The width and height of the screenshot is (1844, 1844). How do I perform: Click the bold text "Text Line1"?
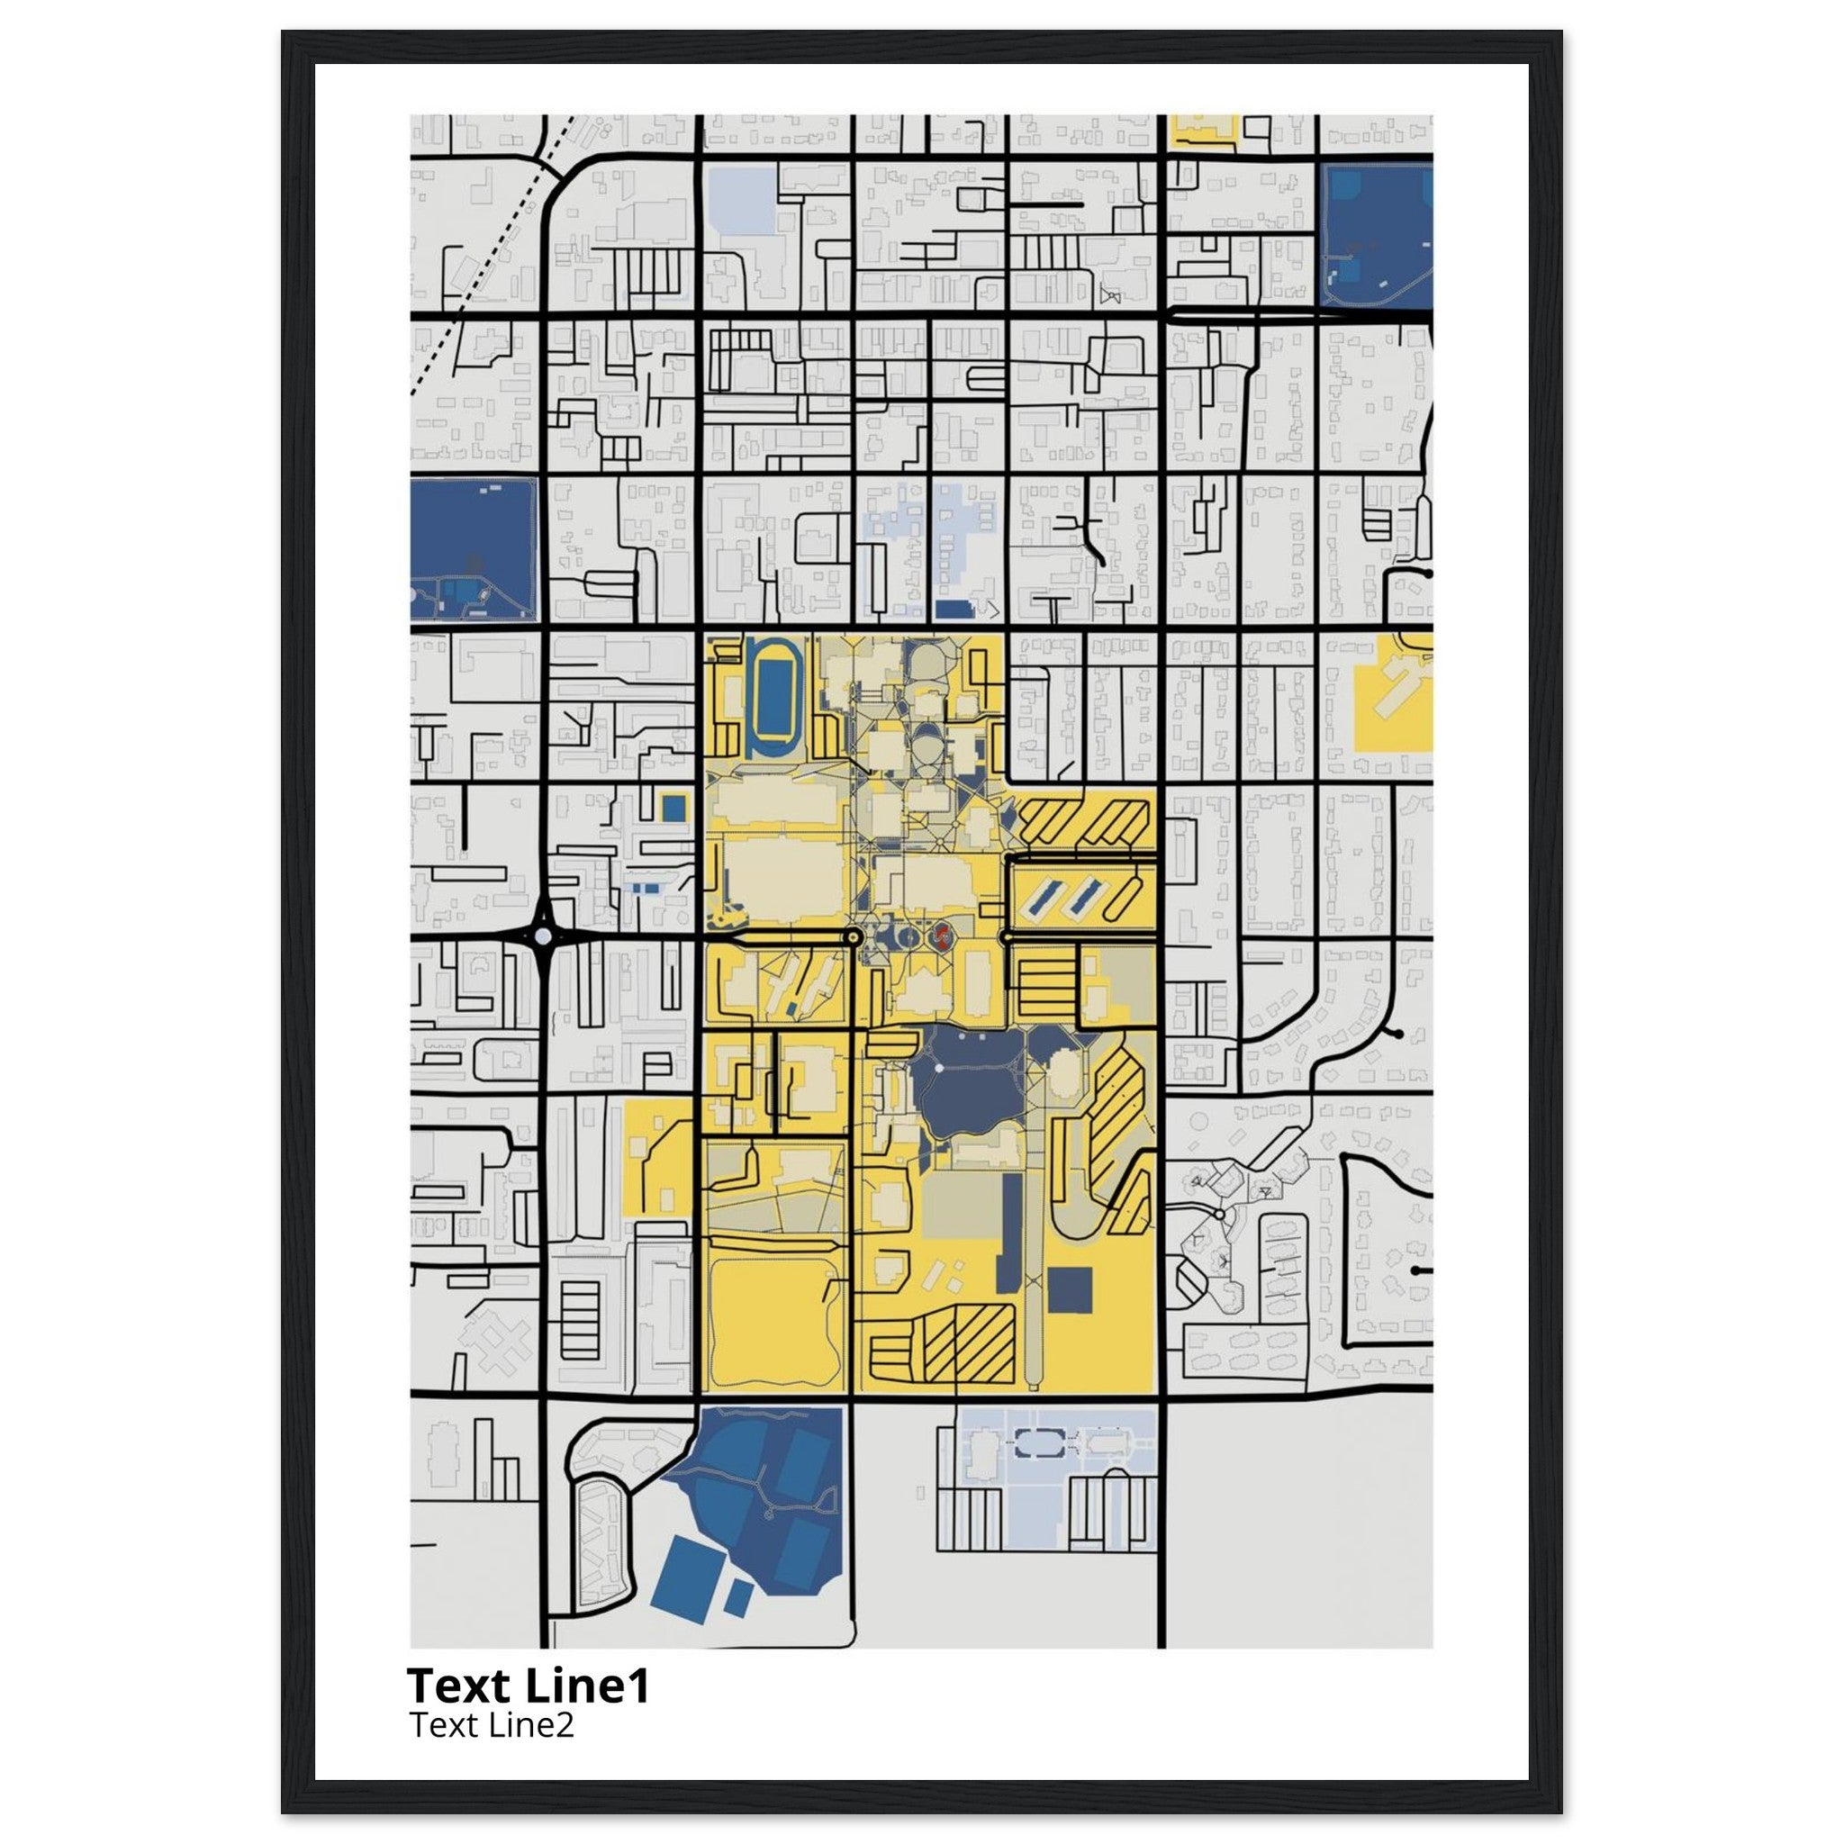528,1686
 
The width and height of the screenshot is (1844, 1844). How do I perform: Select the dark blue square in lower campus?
1069,1289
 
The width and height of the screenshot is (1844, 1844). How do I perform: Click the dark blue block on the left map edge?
474,549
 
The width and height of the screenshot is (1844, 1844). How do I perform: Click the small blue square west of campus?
673,808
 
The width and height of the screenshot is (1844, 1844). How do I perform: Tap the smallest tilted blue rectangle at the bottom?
737,1596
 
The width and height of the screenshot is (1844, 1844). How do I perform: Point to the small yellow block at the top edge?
1205,131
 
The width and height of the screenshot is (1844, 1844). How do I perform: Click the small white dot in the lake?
939,1067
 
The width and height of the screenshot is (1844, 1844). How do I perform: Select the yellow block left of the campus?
658,1157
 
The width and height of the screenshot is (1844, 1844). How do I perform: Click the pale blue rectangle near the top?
743,203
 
